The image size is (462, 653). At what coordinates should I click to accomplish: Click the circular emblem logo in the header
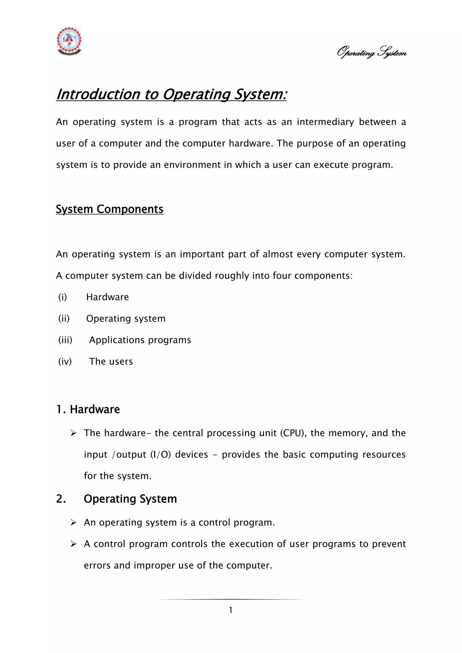pyautogui.click(x=69, y=41)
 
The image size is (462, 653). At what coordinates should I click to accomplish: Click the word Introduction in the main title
pyautogui.click(x=98, y=94)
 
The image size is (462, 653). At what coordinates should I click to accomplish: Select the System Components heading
pyautogui.click(x=110, y=209)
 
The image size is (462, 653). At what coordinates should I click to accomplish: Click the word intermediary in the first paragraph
pyautogui.click(x=325, y=122)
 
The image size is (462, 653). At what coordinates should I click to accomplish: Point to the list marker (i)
pyautogui.click(x=62, y=297)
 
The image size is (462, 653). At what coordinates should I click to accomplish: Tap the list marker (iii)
pyautogui.click(x=65, y=340)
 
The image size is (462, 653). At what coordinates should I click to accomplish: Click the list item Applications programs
pyautogui.click(x=140, y=340)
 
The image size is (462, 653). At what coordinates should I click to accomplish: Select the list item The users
pyautogui.click(x=111, y=361)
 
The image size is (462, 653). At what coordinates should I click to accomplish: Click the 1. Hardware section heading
pyautogui.click(x=88, y=409)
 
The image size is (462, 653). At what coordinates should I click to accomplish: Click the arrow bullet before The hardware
pyautogui.click(x=73, y=433)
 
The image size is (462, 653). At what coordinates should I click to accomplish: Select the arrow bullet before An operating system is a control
pyautogui.click(x=73, y=523)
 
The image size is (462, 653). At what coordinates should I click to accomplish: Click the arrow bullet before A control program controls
pyautogui.click(x=73, y=544)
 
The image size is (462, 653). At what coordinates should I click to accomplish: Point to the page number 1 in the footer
pyautogui.click(x=231, y=610)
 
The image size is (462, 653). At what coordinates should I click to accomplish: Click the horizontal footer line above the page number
pyautogui.click(x=231, y=600)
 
